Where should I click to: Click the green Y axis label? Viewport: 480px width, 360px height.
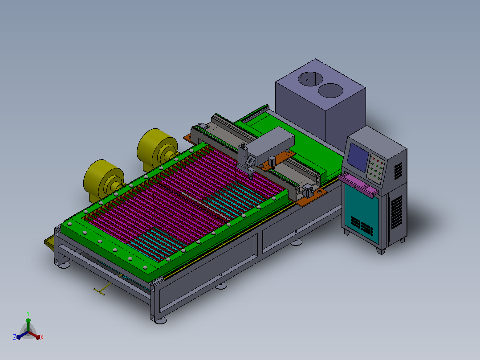28,313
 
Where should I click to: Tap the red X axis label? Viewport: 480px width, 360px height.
42,337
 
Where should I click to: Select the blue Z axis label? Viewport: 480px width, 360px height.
14,337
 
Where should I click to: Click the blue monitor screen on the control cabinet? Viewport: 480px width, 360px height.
358,157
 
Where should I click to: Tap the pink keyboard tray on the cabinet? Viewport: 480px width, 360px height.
358,184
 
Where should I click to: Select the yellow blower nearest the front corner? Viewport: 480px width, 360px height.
103,181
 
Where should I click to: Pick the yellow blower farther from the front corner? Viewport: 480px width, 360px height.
157,150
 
